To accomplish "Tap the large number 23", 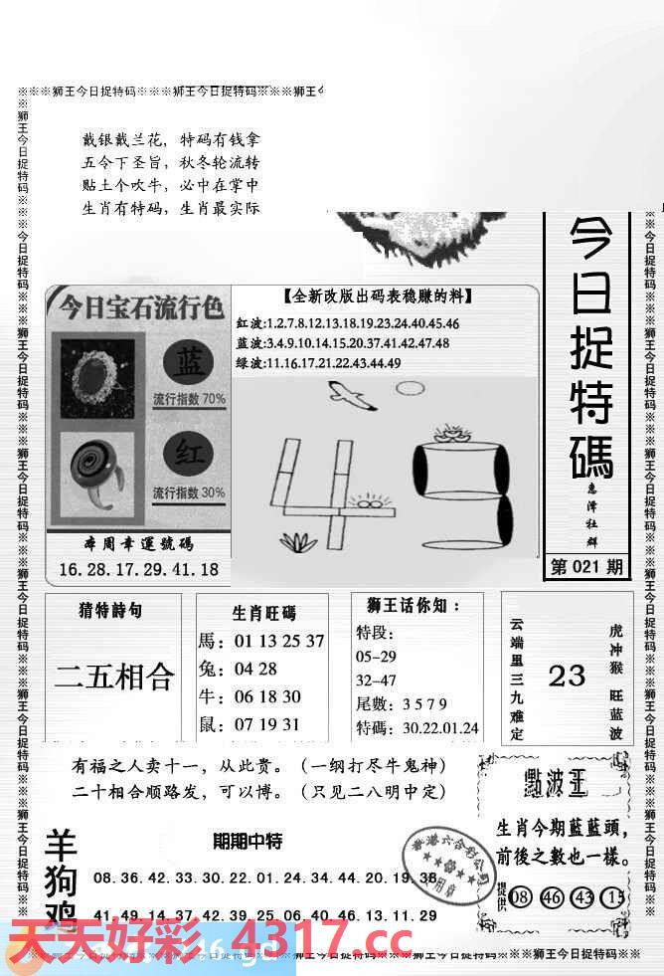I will (x=567, y=677).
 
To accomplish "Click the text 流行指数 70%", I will (x=189, y=399).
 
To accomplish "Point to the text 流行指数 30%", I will (x=189, y=492).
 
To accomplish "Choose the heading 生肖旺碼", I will (x=263, y=613).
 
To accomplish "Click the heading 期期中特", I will (x=248, y=842).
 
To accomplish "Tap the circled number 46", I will (x=552, y=895).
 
